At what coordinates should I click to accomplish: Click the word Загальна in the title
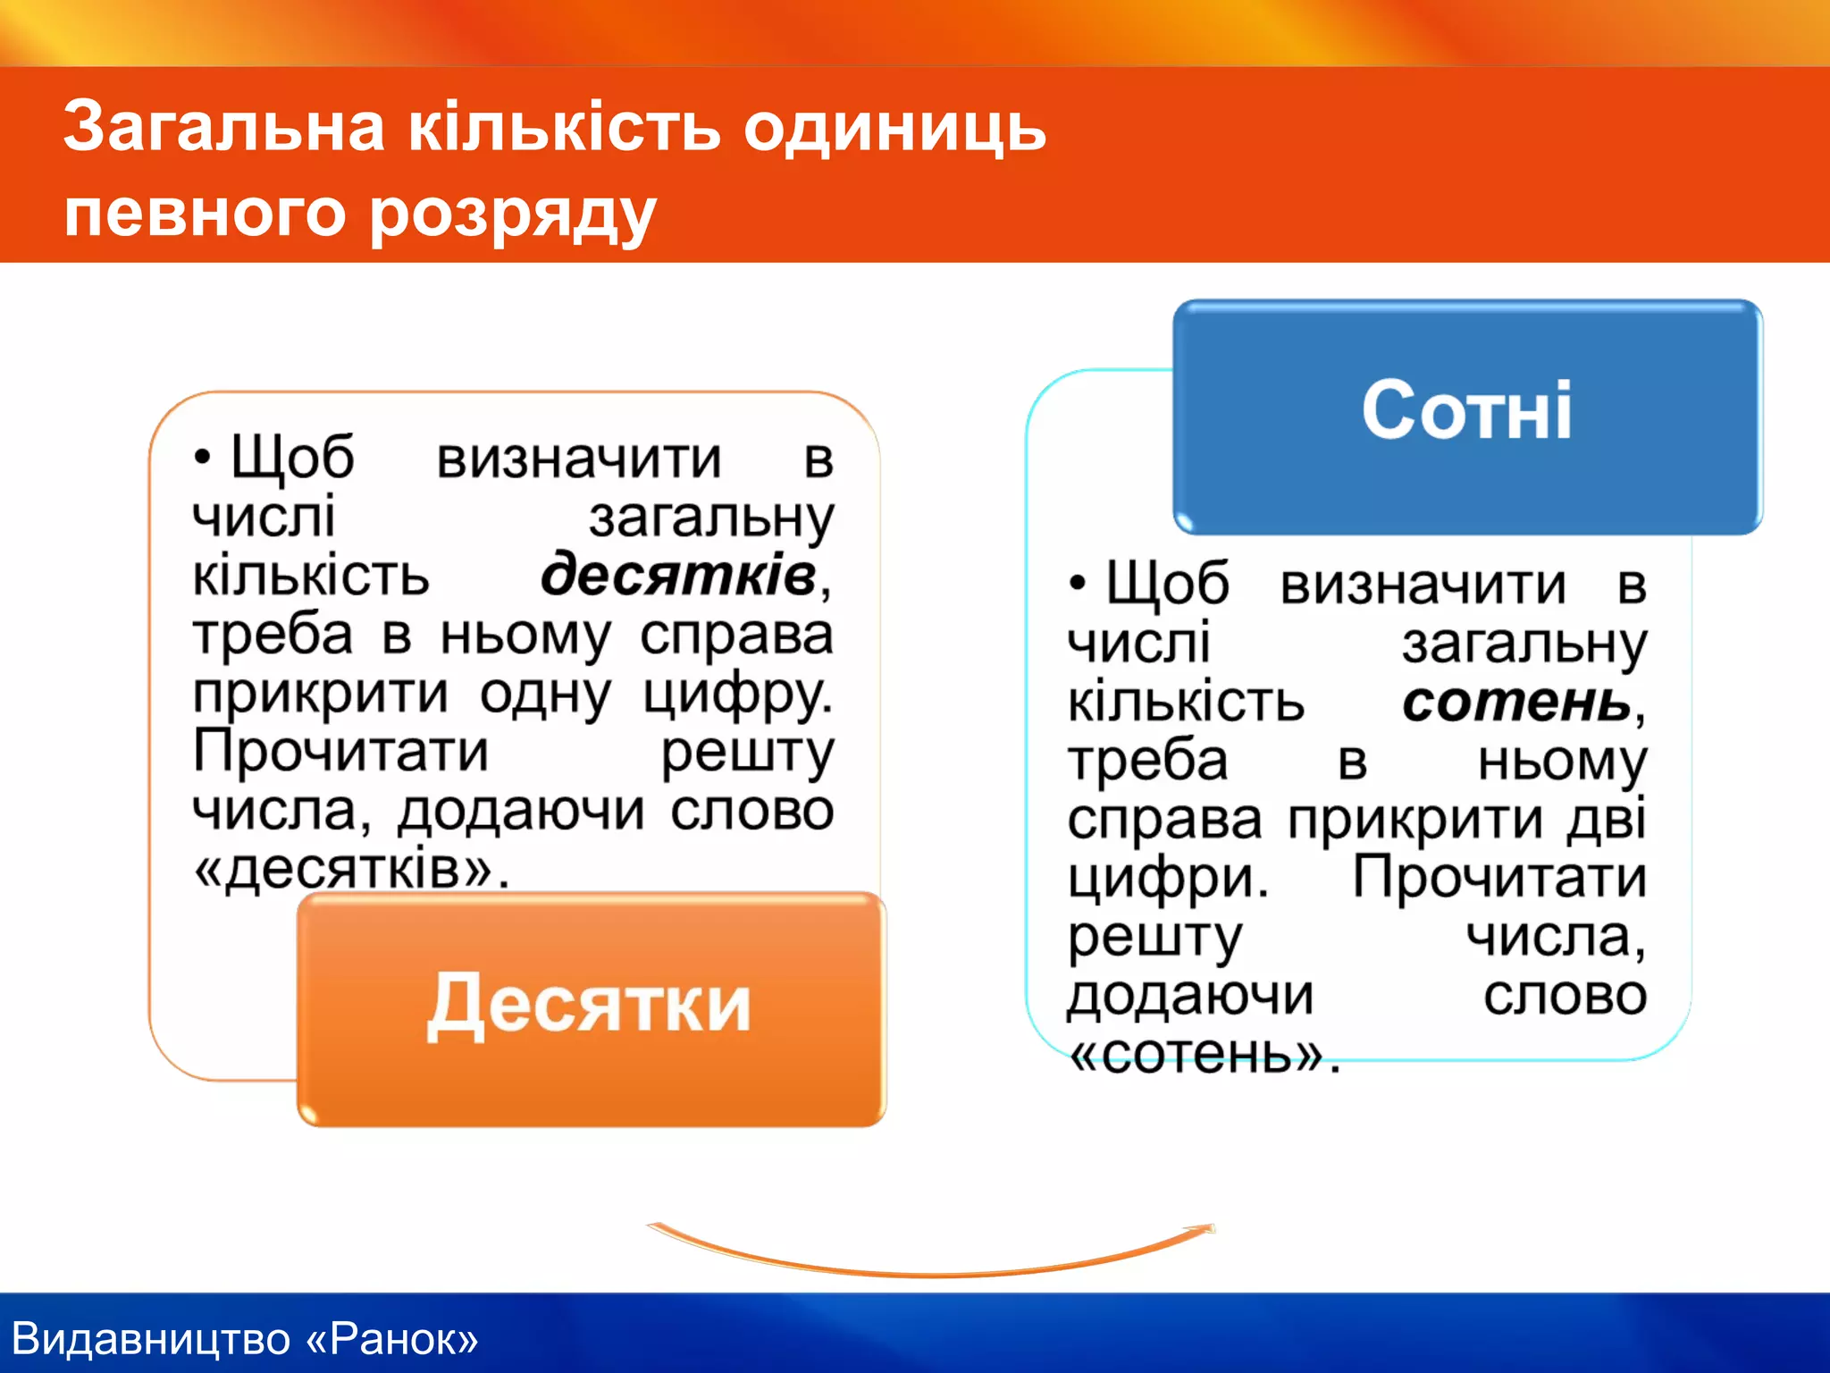click(223, 127)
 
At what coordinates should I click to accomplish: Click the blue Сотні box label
click(1466, 411)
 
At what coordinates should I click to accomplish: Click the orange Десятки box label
click(589, 1007)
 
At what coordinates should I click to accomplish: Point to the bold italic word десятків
click(679, 575)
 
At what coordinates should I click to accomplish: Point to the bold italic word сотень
click(1517, 703)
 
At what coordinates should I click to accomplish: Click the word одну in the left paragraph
click(545, 694)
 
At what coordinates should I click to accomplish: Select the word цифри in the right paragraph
click(1167, 880)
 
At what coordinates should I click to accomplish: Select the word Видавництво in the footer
click(152, 1339)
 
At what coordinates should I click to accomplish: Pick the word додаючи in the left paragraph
click(520, 812)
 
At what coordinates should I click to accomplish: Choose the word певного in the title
click(205, 215)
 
